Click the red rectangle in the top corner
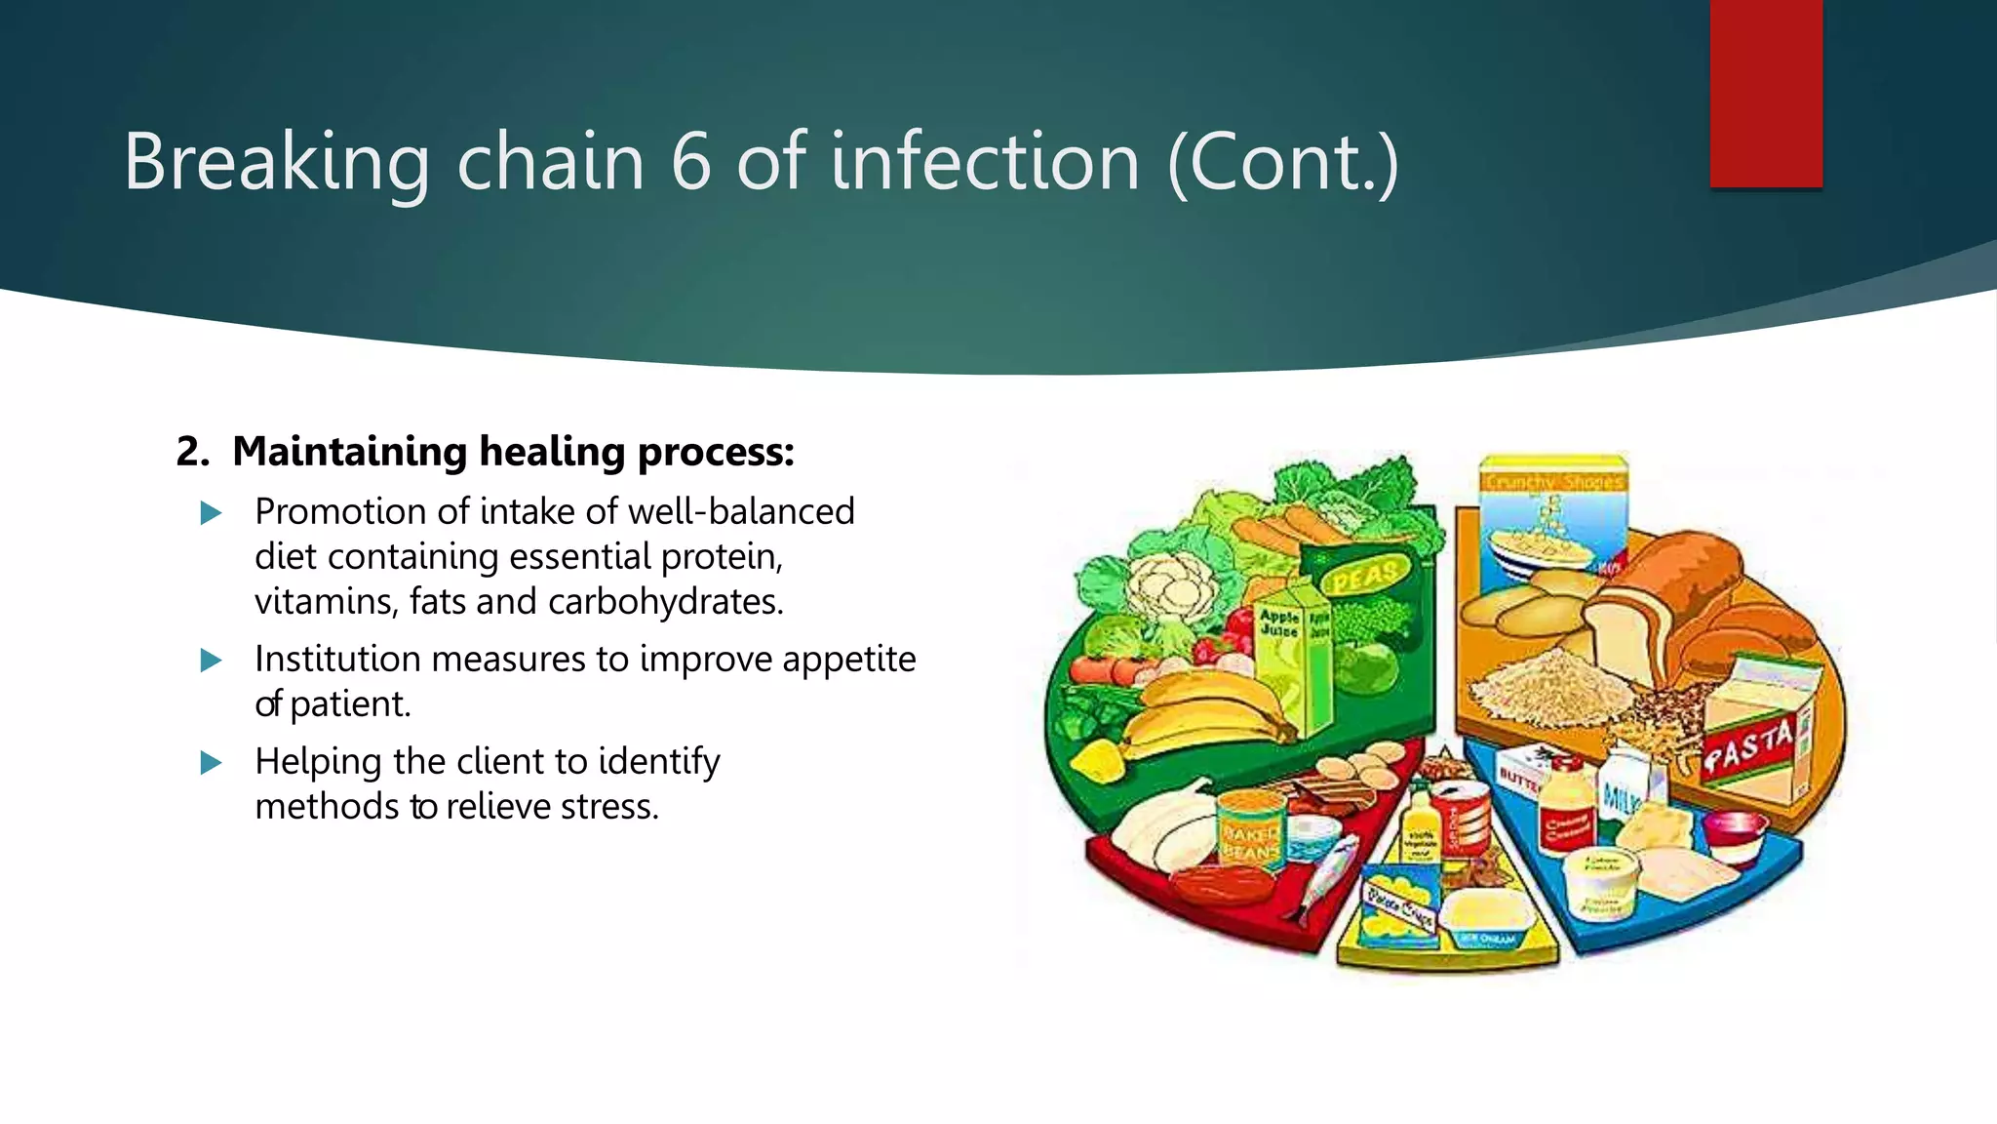pyautogui.click(x=1765, y=93)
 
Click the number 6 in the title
pyautogui.click(x=690, y=162)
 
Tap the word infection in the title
pyautogui.click(x=985, y=162)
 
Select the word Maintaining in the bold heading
pyautogui.click(x=350, y=452)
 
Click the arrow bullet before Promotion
pyautogui.click(x=211, y=513)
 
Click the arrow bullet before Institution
pyautogui.click(x=211, y=661)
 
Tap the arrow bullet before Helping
pyautogui.click(x=211, y=763)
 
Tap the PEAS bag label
pyautogui.click(x=1365, y=576)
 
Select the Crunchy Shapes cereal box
pyautogui.click(x=1550, y=517)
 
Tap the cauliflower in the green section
pyautogui.click(x=1170, y=585)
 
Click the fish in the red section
pyautogui.click(x=1326, y=878)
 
